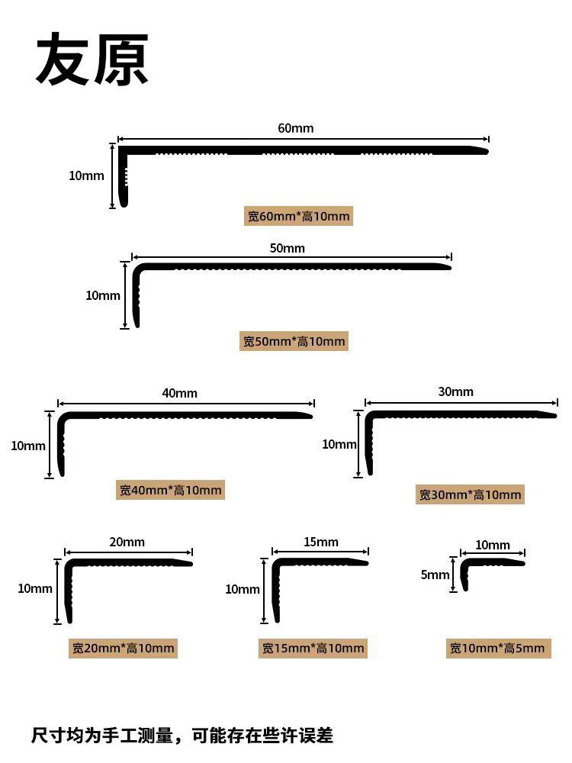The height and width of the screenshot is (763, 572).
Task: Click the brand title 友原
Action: (x=92, y=60)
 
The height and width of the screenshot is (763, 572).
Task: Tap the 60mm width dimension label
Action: (x=296, y=128)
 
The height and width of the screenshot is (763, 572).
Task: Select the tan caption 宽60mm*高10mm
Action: (x=299, y=216)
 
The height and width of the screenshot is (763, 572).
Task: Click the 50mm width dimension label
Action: (x=288, y=248)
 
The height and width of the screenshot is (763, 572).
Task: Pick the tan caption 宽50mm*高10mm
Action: (x=294, y=341)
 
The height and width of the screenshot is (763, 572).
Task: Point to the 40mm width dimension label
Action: (x=179, y=393)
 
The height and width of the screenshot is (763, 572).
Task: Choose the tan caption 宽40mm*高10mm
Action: (x=170, y=490)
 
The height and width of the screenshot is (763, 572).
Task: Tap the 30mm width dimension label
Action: (x=456, y=391)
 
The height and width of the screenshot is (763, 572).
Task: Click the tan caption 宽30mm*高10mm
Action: (x=470, y=494)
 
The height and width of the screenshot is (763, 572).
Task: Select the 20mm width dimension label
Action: (x=127, y=542)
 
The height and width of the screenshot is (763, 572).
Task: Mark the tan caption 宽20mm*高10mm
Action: (x=123, y=648)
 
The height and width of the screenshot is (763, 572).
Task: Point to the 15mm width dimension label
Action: (x=321, y=542)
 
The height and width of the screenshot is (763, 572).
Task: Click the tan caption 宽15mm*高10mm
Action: (x=313, y=648)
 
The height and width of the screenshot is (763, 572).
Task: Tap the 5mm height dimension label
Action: (x=435, y=575)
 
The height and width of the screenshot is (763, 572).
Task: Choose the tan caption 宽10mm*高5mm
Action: (x=499, y=648)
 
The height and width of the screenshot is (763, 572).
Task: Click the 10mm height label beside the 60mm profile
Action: (x=87, y=175)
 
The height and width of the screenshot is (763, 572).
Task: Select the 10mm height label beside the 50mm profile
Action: (x=103, y=295)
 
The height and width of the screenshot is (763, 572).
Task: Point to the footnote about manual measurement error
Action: (x=182, y=736)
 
